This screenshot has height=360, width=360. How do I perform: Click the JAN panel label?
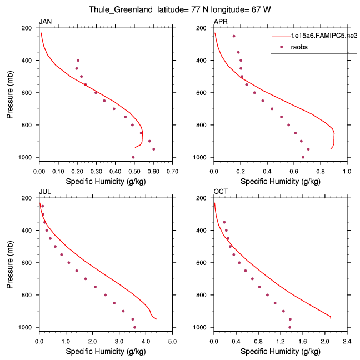click(x=44, y=22)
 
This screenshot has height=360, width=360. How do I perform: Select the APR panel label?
click(x=220, y=22)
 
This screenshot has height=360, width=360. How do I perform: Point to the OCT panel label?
click(x=220, y=192)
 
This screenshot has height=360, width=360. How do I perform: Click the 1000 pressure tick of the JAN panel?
click(x=29, y=158)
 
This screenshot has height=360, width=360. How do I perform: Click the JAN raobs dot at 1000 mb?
click(x=133, y=157)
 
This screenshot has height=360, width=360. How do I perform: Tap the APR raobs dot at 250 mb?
click(x=234, y=36)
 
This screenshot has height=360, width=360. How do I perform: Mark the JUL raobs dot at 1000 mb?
click(x=134, y=327)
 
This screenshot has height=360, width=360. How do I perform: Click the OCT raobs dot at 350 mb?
click(x=224, y=222)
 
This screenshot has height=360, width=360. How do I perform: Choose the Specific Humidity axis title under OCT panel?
click(x=281, y=351)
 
